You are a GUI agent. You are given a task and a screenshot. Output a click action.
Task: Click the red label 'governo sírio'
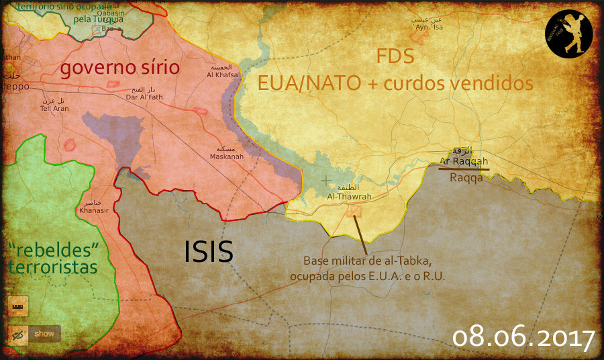120,68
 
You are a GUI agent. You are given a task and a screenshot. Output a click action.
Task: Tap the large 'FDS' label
395,56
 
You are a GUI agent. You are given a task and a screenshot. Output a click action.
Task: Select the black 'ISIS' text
209,251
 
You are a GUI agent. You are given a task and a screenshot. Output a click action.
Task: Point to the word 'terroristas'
53,268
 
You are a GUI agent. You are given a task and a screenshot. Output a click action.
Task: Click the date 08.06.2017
523,337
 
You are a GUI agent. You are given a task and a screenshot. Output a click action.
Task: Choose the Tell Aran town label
54,107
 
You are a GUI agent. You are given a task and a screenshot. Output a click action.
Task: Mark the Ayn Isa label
429,28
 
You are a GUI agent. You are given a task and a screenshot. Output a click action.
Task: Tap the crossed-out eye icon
18,334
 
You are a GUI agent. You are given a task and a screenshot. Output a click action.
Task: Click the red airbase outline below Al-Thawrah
354,211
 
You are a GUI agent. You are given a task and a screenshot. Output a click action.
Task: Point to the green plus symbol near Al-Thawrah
325,181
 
